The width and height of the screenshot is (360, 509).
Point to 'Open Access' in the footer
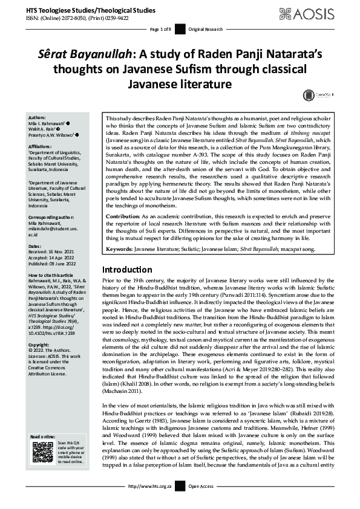tap(203, 502)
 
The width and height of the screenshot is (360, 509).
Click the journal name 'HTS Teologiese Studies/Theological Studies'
tap(87, 11)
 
